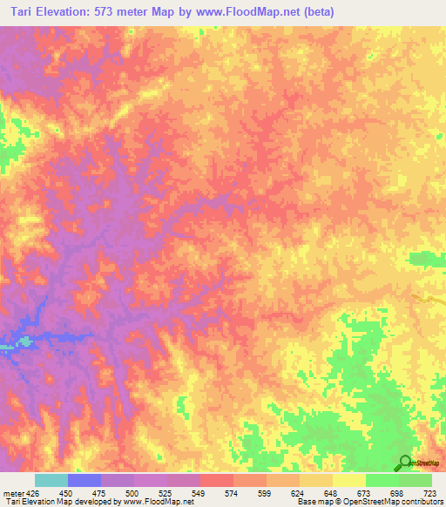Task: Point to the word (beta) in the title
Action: pyautogui.click(x=323, y=12)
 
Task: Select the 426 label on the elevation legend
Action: pyautogui.click(x=31, y=494)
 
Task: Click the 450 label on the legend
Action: pyautogui.click(x=65, y=494)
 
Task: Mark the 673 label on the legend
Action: pyautogui.click(x=365, y=494)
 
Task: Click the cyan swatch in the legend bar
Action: pyautogui.click(x=51, y=480)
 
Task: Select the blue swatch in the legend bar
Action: pyautogui.click(x=84, y=480)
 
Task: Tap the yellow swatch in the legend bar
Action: pyautogui.click(x=349, y=480)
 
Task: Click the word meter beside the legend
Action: pyautogui.click(x=12, y=494)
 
